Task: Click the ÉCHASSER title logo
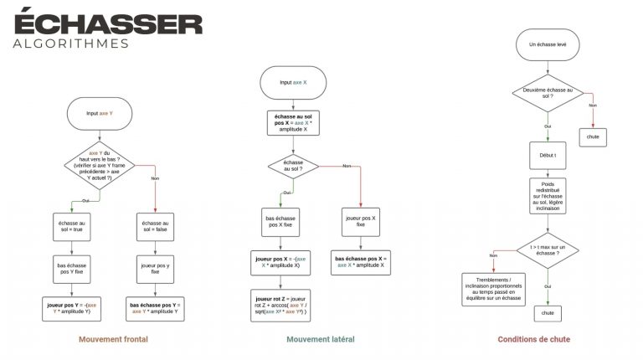tap(107, 22)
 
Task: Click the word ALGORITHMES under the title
tap(70, 43)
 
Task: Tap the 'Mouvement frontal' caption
tap(114, 340)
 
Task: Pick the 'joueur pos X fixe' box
tap(360, 221)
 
